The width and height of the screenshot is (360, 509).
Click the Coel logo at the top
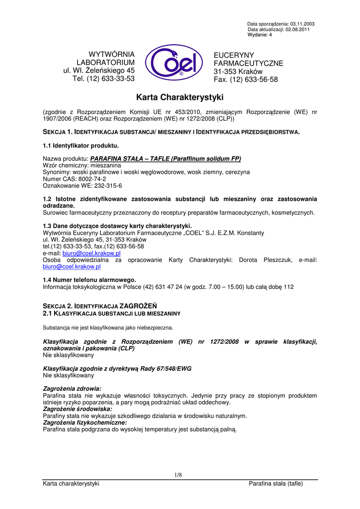pyautogui.click(x=174, y=63)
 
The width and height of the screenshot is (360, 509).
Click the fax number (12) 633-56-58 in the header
pyautogui.click(x=254, y=80)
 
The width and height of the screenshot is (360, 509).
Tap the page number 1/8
pyautogui.click(x=179, y=475)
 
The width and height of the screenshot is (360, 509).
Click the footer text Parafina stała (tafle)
pyautogui.click(x=275, y=484)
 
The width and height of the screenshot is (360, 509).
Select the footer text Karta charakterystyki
pyautogui.click(x=71, y=484)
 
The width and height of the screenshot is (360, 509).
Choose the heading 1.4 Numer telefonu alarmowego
pyautogui.click(x=90, y=280)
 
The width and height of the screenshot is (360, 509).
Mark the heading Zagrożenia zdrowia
pyautogui.click(x=72, y=388)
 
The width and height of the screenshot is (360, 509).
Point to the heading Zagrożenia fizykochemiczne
pyautogui.click(x=85, y=422)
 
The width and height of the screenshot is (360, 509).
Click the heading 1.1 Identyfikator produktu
pyautogui.click(x=81, y=146)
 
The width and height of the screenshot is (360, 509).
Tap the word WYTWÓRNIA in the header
pyautogui.click(x=111, y=54)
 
